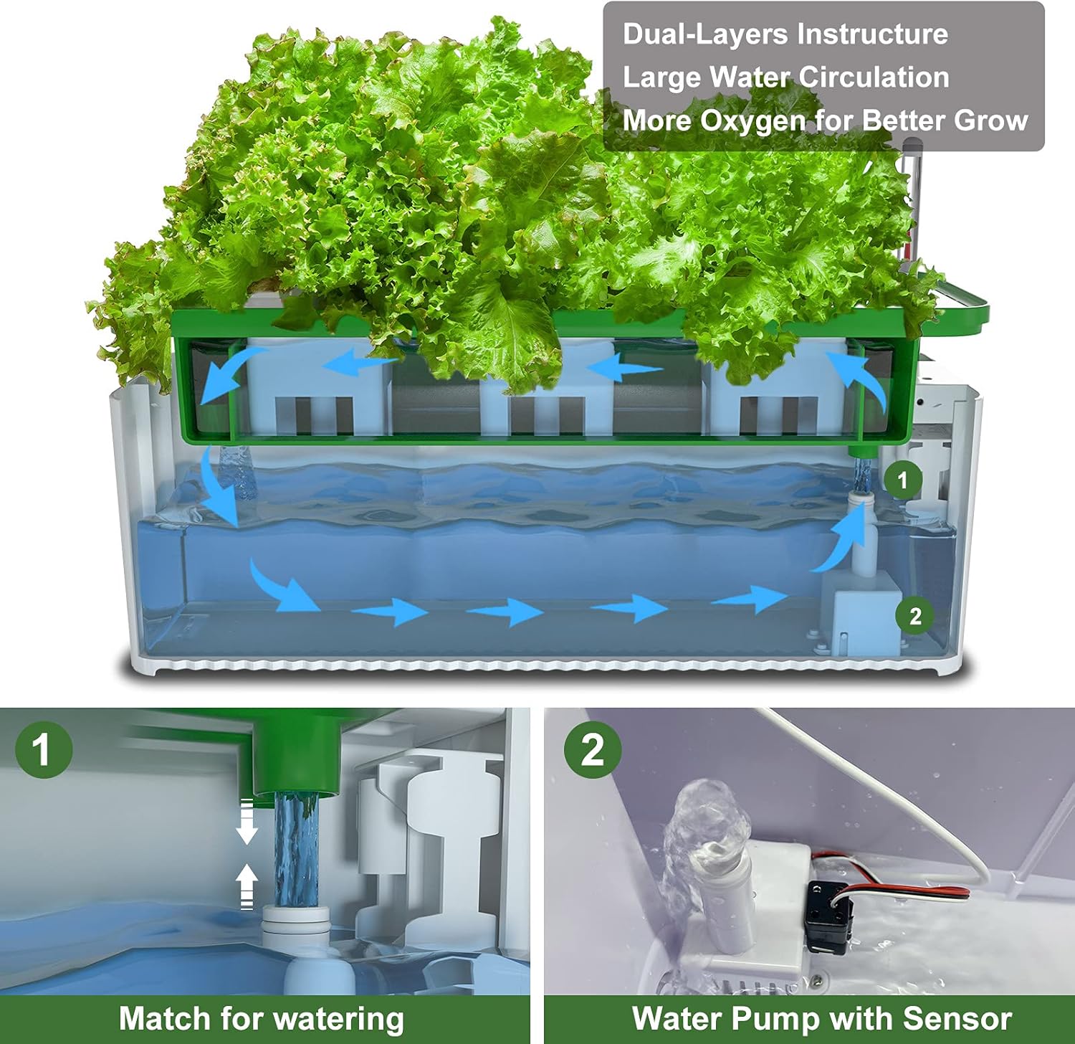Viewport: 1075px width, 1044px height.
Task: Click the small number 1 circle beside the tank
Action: (x=902, y=480)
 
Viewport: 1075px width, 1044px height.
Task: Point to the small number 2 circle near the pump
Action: (x=914, y=616)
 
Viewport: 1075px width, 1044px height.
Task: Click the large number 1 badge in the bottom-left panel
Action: (x=43, y=749)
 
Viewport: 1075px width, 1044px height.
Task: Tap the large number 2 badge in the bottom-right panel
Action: (x=592, y=749)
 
